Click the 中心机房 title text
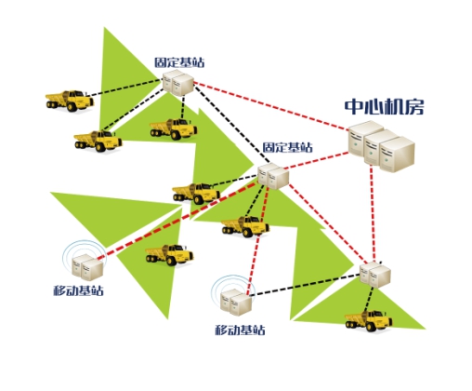pyautogui.click(x=384, y=107)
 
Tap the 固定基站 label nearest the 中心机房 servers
pyautogui.click(x=288, y=147)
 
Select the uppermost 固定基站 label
pyautogui.click(x=179, y=62)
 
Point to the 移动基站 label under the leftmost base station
pyautogui.click(x=78, y=290)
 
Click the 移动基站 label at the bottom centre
pyautogui.click(x=240, y=330)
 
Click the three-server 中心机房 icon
pyautogui.click(x=382, y=146)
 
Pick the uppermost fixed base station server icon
pyautogui.click(x=178, y=83)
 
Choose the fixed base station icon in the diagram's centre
pyautogui.click(x=273, y=176)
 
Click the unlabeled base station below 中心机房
pyautogui.click(x=375, y=275)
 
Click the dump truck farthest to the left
pyautogui.click(x=70, y=101)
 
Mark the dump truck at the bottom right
pyautogui.click(x=368, y=321)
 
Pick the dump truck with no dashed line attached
pyautogui.click(x=169, y=255)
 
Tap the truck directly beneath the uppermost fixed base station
pyautogui.click(x=174, y=128)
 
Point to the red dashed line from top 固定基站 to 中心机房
pyautogui.click(x=271, y=106)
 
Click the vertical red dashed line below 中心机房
pyautogui.click(x=373, y=214)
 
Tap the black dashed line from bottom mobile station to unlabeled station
pyautogui.click(x=306, y=285)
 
